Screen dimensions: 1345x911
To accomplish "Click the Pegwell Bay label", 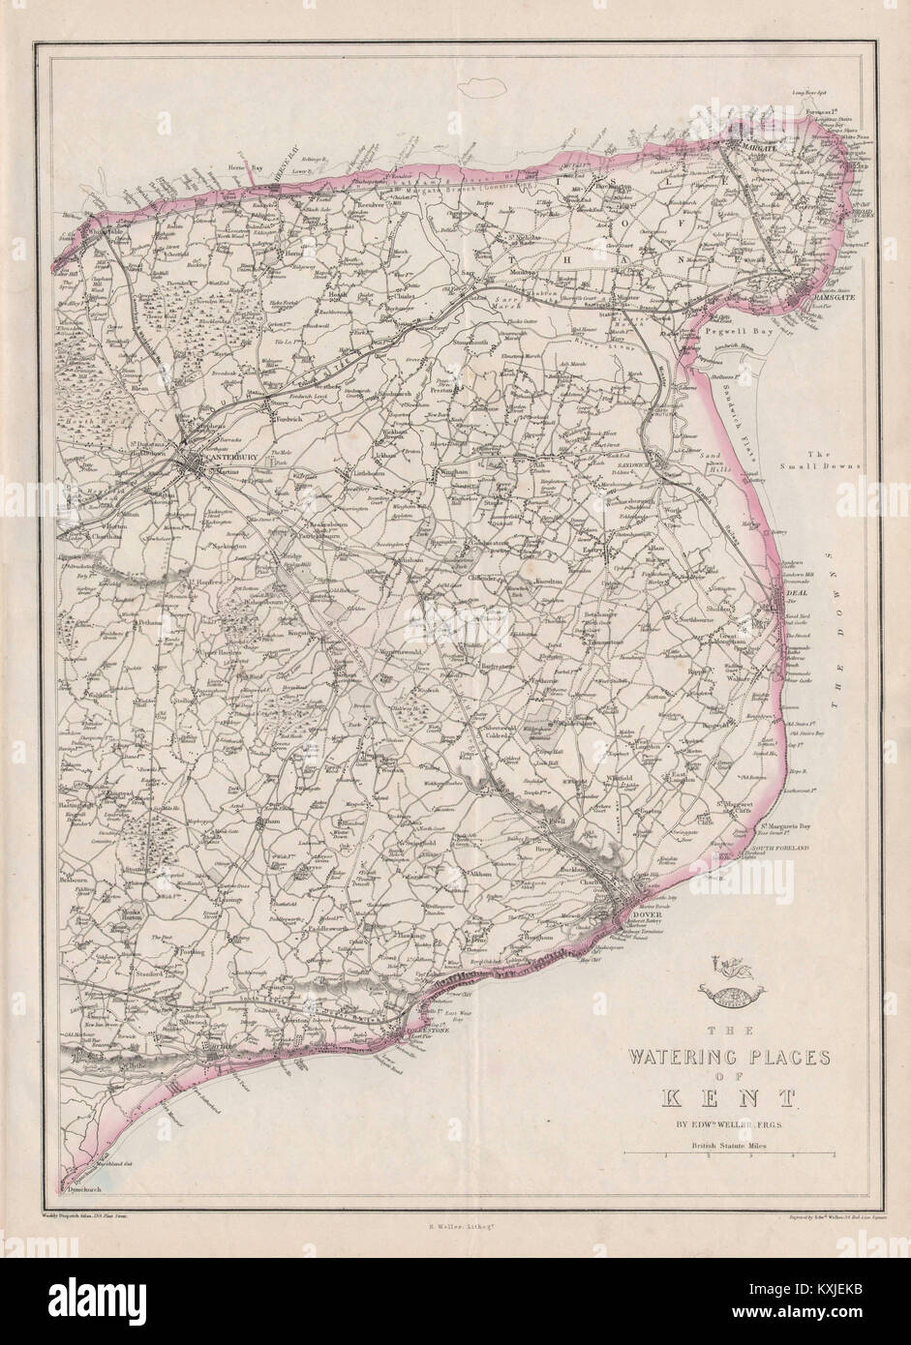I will pyautogui.click(x=748, y=329).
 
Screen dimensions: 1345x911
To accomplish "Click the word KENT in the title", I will pyautogui.click(x=729, y=1096).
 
